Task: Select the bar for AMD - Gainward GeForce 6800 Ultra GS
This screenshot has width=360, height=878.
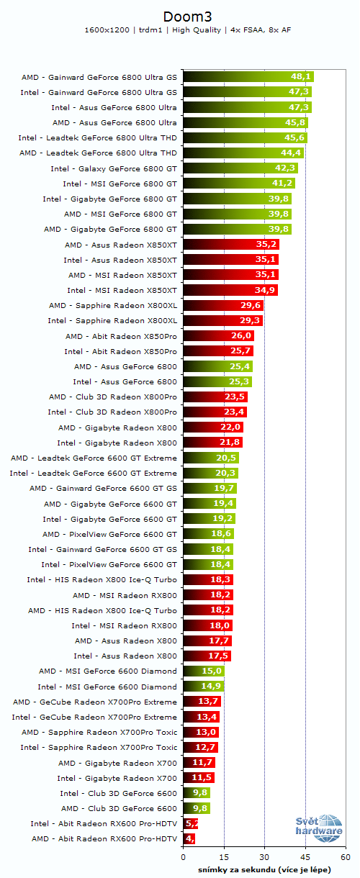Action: tap(248, 77)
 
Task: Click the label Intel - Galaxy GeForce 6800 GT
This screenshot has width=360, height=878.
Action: tap(114, 168)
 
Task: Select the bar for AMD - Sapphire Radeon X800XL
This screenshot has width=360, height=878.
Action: tap(223, 305)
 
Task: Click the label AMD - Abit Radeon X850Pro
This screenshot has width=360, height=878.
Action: tap(121, 336)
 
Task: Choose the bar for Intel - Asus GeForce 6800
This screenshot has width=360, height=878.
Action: tap(217, 381)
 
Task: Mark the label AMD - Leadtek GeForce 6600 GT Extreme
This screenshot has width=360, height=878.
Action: tap(94, 458)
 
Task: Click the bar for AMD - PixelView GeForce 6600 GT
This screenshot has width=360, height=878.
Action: tap(208, 534)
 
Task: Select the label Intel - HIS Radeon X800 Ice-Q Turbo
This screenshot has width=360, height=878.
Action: tap(102, 579)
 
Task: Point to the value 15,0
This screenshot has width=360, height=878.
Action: tap(212, 671)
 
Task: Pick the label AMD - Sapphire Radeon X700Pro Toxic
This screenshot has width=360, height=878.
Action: tap(99, 732)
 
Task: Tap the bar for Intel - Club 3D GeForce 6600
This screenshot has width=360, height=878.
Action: tap(196, 793)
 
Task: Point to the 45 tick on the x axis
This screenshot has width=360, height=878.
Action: tap(305, 858)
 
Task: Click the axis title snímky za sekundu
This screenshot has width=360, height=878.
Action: tap(264, 869)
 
